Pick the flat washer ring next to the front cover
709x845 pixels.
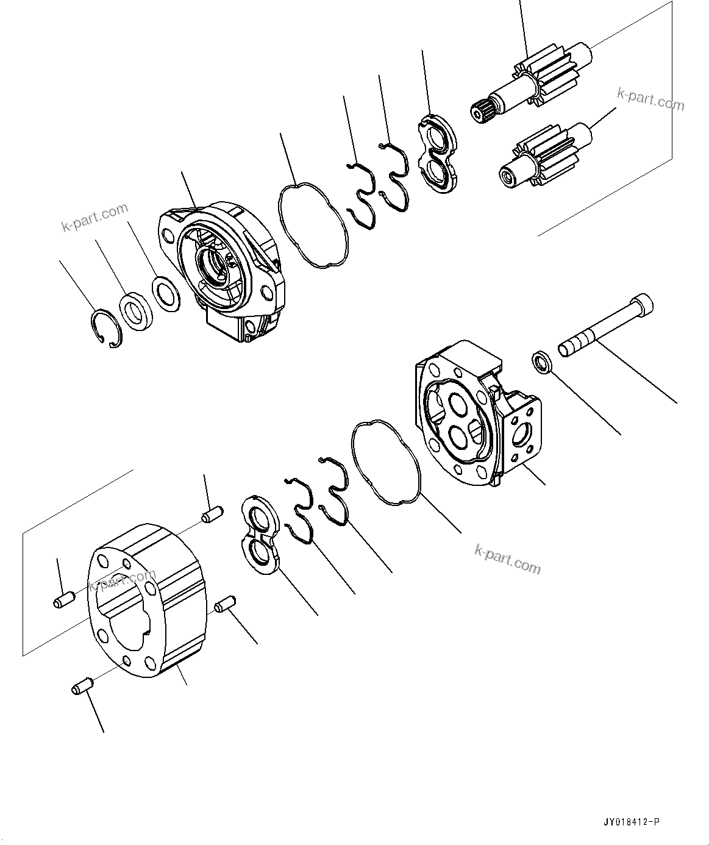[165, 294]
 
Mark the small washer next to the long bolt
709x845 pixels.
[541, 361]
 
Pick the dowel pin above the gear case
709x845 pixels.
[211, 515]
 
